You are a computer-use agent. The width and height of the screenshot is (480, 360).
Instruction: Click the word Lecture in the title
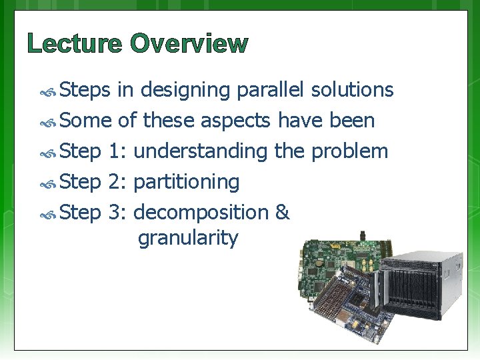pos(75,44)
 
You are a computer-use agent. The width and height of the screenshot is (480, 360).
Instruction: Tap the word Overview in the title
pos(189,44)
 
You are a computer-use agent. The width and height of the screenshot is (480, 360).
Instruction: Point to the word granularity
pos(187,238)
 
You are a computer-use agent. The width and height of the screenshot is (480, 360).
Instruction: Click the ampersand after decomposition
pos(282,213)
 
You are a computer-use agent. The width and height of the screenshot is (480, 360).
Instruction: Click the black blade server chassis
pos(422,283)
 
